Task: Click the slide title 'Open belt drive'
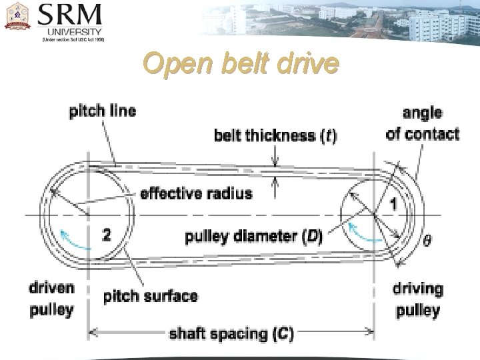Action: (x=241, y=65)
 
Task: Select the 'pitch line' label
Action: (x=102, y=111)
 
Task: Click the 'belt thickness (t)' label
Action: (x=275, y=136)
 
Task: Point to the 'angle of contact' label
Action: (x=423, y=123)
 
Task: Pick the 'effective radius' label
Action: (x=196, y=194)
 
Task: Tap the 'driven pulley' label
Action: (x=51, y=299)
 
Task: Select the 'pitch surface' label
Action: (x=151, y=295)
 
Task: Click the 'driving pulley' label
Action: (x=418, y=299)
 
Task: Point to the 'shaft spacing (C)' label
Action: (x=231, y=333)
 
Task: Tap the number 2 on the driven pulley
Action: (x=107, y=235)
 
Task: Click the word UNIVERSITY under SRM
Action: (x=74, y=31)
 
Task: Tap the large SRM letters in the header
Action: (x=70, y=14)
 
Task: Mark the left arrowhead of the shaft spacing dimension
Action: (x=93, y=329)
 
